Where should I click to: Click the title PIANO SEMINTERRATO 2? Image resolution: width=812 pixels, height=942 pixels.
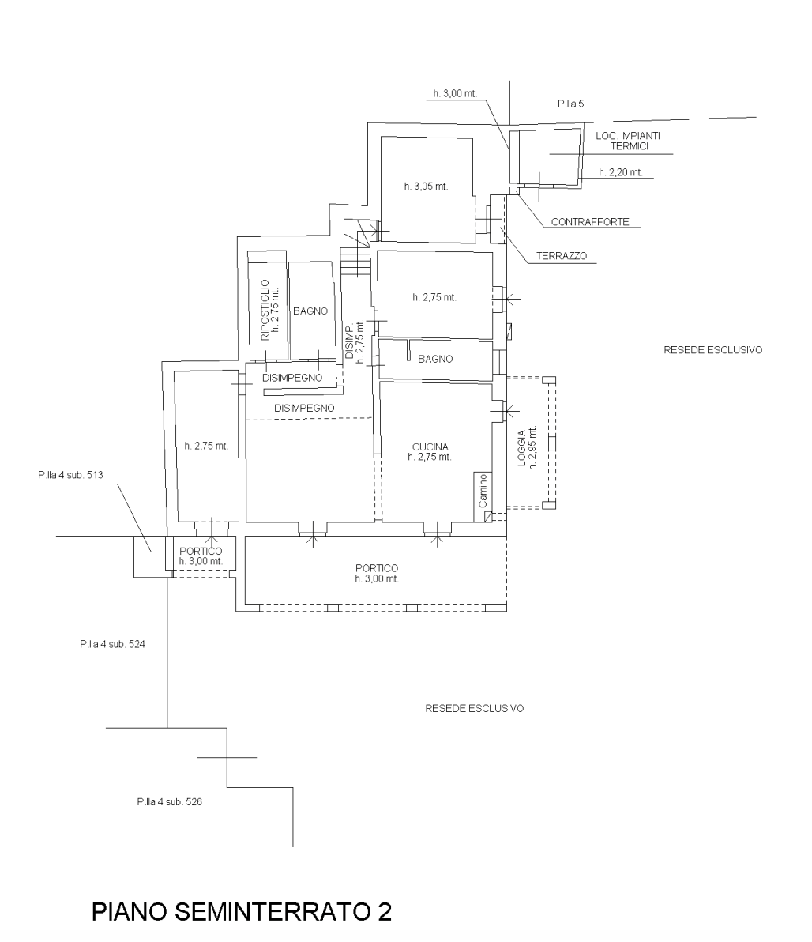pyautogui.click(x=242, y=910)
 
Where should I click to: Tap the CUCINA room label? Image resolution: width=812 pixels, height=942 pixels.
pyautogui.click(x=430, y=447)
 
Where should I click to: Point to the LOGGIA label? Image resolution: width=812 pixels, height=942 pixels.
pyautogui.click(x=523, y=448)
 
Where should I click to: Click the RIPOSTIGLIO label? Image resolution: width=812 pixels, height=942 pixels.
pyautogui.click(x=265, y=310)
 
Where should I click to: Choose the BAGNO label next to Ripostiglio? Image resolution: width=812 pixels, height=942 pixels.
pyautogui.click(x=310, y=311)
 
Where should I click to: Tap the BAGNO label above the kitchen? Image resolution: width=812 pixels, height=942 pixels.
pyautogui.click(x=435, y=359)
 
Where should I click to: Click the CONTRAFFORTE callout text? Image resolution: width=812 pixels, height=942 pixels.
pyautogui.click(x=590, y=222)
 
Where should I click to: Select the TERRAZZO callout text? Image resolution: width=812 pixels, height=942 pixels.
pyautogui.click(x=562, y=256)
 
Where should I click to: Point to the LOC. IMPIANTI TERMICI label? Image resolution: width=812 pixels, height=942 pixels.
pyautogui.click(x=628, y=141)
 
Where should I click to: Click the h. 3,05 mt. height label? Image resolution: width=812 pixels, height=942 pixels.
pyautogui.click(x=426, y=187)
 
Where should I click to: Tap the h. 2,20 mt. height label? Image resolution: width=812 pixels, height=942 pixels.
pyautogui.click(x=620, y=172)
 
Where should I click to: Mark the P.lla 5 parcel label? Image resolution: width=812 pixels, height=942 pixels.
pyautogui.click(x=570, y=104)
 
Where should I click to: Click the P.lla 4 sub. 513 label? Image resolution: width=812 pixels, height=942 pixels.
pyautogui.click(x=70, y=475)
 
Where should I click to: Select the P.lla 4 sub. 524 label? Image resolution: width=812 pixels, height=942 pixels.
pyautogui.click(x=112, y=644)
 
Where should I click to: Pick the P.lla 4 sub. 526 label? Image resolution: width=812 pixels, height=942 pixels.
pyautogui.click(x=169, y=801)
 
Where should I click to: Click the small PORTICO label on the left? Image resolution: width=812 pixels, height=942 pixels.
pyautogui.click(x=201, y=552)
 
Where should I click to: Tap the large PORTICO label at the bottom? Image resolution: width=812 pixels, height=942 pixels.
pyautogui.click(x=377, y=568)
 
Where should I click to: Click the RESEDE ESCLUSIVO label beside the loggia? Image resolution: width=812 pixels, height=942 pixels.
pyautogui.click(x=713, y=349)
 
